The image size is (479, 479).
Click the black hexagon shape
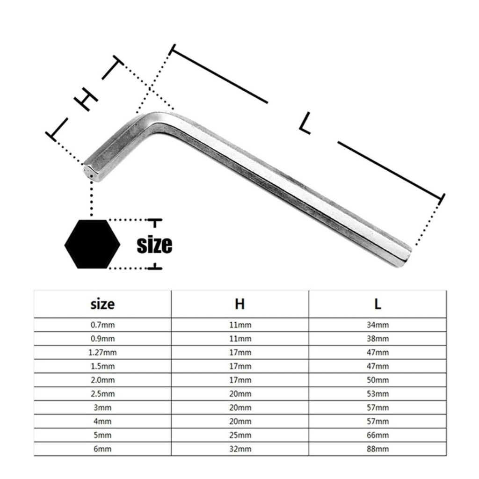[x=92, y=244]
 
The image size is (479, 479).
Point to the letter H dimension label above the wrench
[x=86, y=99]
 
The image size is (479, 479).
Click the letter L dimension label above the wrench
[x=305, y=123]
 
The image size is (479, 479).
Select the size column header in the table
[x=102, y=304]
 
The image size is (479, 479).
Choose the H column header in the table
[x=240, y=304]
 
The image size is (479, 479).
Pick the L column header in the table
[x=378, y=304]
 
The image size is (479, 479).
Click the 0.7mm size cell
[x=102, y=325]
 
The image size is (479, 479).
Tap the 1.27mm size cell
[x=102, y=353]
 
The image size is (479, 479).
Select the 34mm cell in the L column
[x=378, y=325]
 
